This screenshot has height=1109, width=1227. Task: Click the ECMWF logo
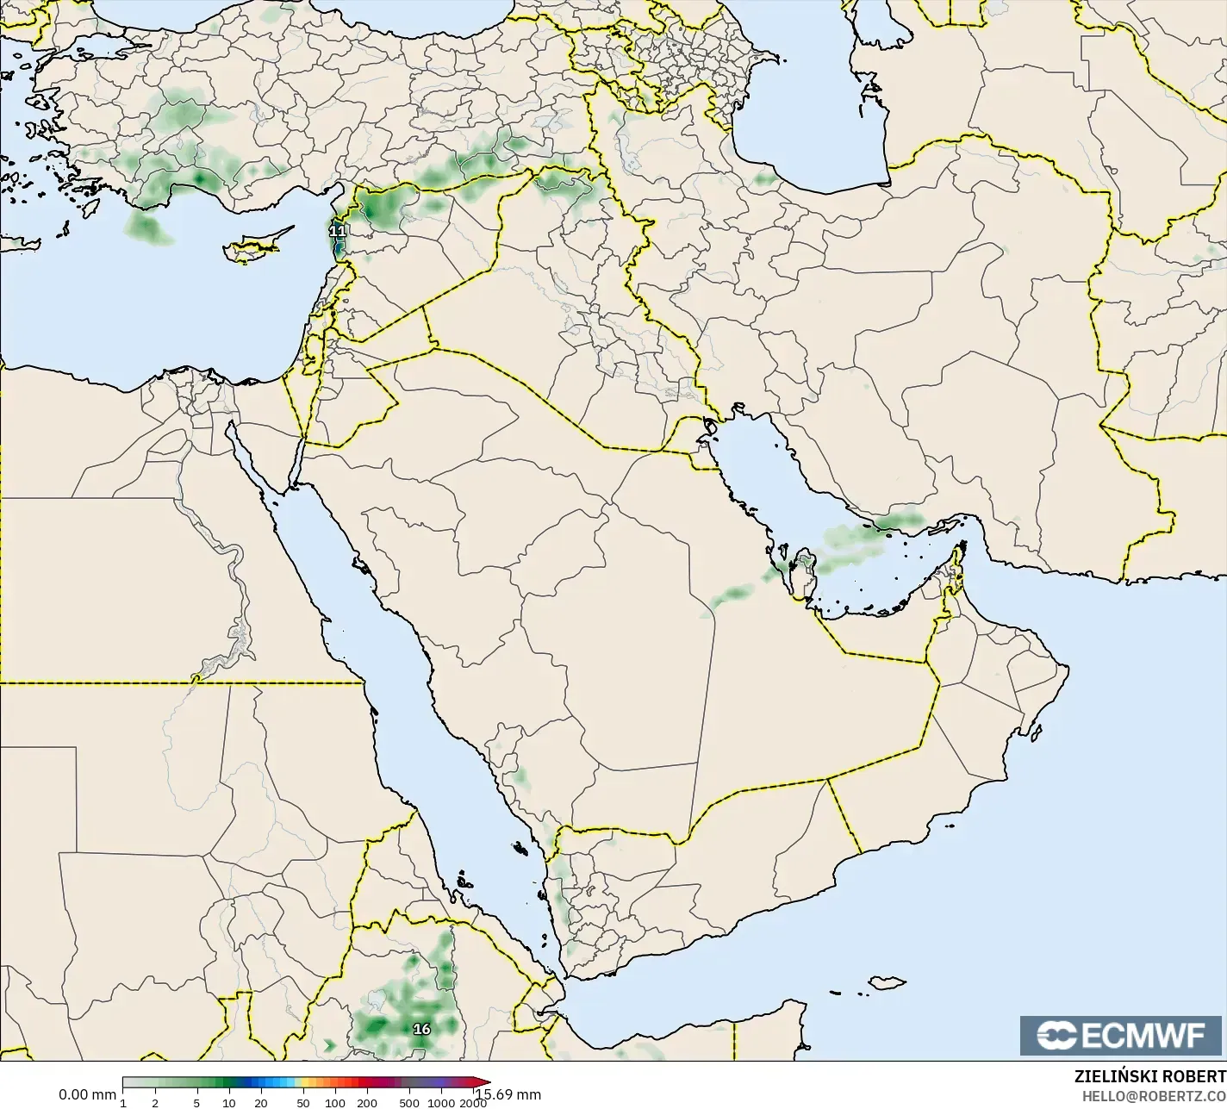pos(1122,1036)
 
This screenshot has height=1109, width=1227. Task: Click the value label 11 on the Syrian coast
pos(338,231)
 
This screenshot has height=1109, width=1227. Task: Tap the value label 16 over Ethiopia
pos(421,1029)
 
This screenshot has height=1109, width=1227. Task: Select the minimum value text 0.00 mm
pos(87,1094)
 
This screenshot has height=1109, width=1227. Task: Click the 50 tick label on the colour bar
pos(302,1103)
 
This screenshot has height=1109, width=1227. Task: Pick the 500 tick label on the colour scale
pos(409,1103)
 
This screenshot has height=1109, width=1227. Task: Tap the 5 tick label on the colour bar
pos(196,1103)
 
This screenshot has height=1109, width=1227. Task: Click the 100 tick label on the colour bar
pos(334,1103)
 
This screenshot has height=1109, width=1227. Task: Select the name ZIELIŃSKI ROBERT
pos(1149,1076)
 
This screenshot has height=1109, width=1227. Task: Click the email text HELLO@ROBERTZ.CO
pos(1154,1095)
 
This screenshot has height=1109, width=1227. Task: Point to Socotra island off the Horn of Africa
pos(885,982)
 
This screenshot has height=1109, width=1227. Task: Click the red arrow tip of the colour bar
pos(484,1083)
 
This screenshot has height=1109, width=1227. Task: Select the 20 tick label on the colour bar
pos(260,1103)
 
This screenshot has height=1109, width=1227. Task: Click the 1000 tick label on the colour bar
pos(440,1103)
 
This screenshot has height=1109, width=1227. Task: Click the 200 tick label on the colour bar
pos(367,1103)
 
